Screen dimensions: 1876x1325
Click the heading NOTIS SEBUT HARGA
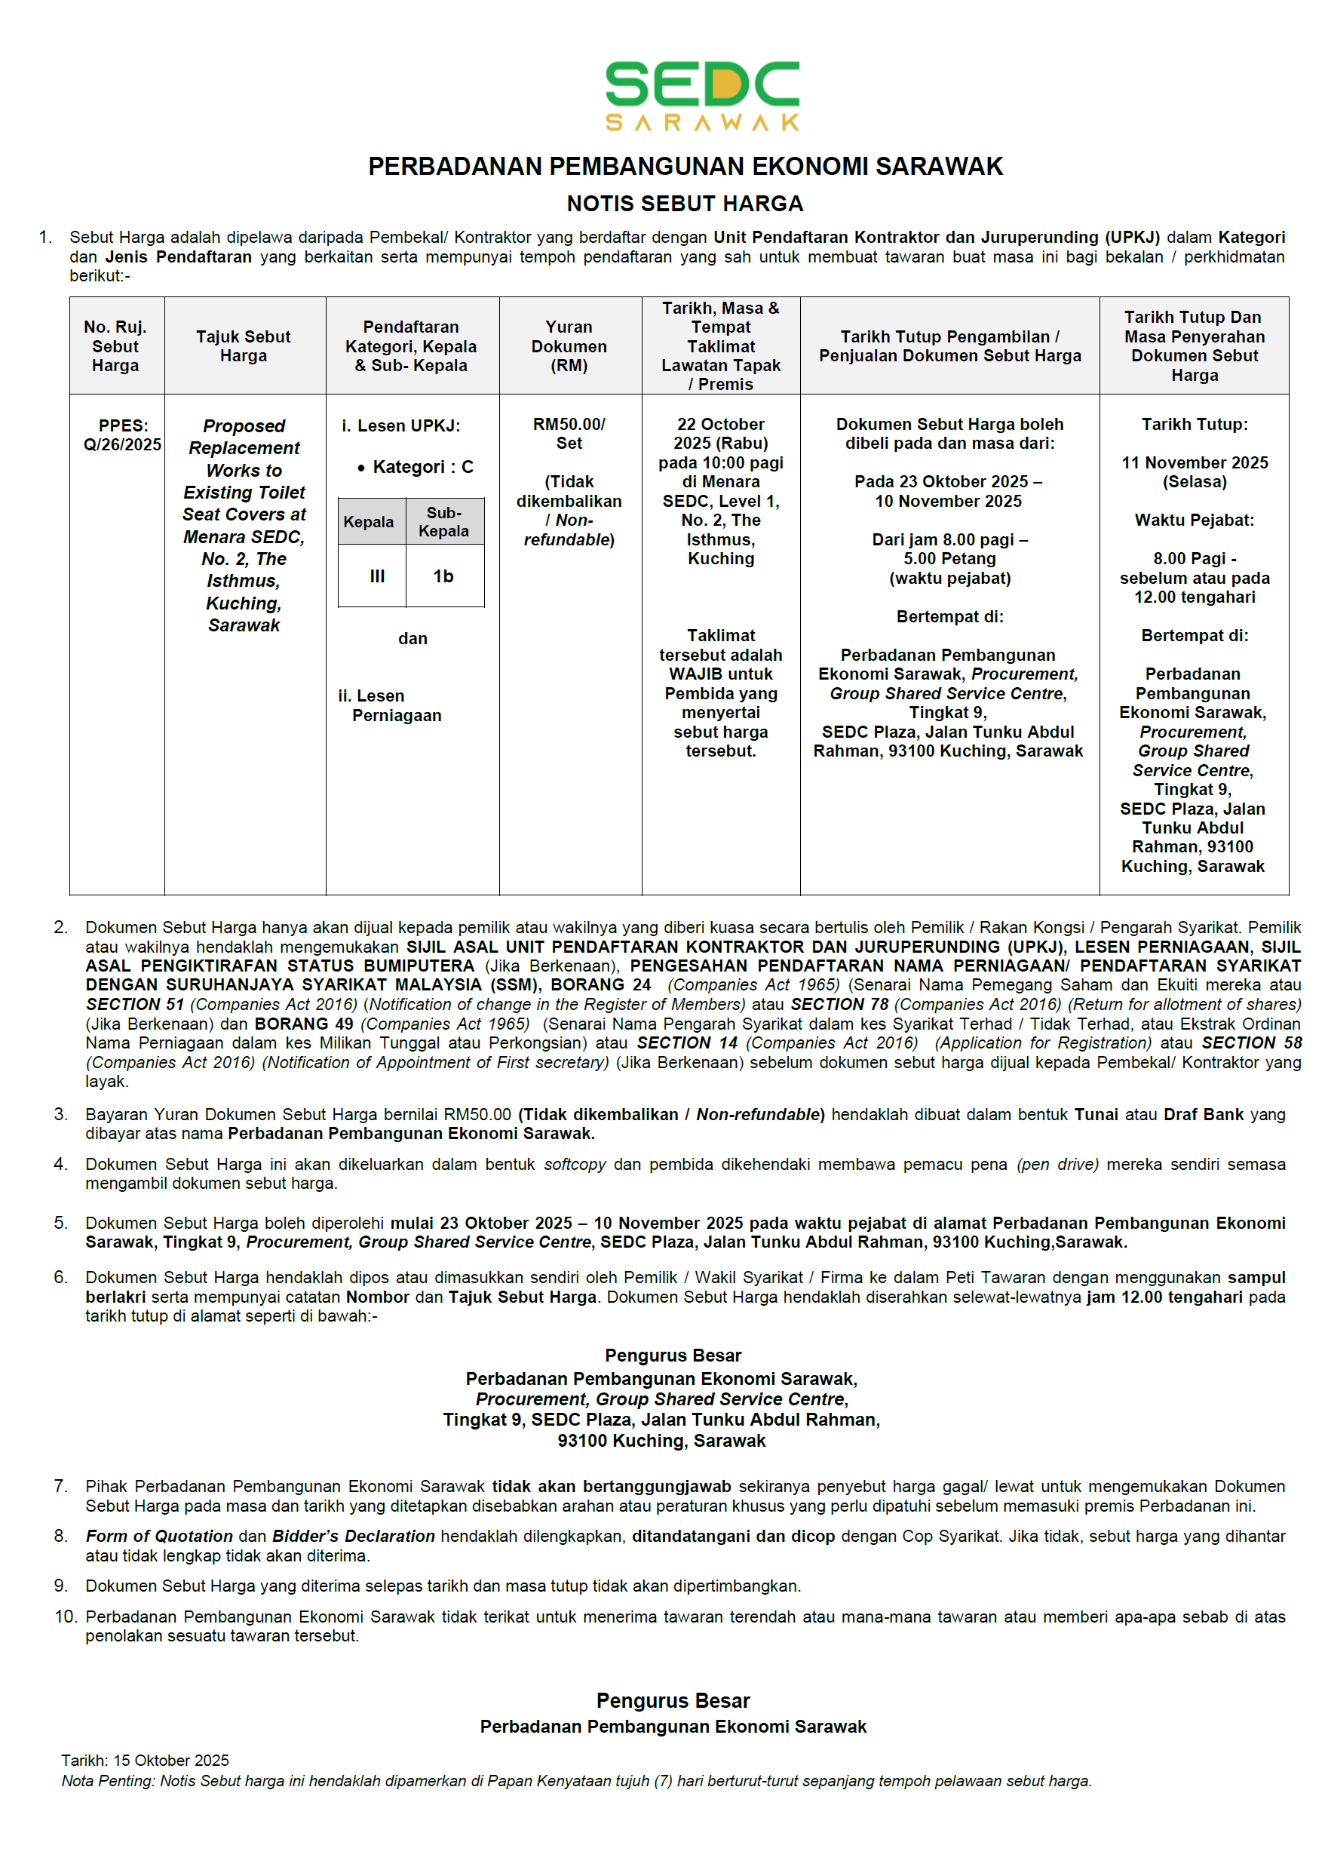685,204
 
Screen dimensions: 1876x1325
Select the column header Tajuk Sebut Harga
244,345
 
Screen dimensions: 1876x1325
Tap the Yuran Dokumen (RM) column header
569,345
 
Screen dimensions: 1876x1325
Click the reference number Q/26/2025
121,444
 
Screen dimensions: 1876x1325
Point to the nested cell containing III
376,576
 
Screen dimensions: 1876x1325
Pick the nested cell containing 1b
443,576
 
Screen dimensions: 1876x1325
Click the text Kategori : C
422,467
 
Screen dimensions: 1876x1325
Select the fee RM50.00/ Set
569,433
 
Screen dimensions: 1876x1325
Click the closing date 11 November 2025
1194,462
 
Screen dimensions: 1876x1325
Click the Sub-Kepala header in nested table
443,521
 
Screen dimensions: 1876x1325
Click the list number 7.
60,1485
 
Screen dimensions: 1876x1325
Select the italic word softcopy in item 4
575,1163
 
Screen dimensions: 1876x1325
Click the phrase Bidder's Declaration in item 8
353,1536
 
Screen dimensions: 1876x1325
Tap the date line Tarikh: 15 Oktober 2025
145,1760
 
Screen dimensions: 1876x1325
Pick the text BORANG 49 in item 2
304,1023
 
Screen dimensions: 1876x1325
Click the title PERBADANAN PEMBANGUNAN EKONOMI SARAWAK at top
685,166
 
